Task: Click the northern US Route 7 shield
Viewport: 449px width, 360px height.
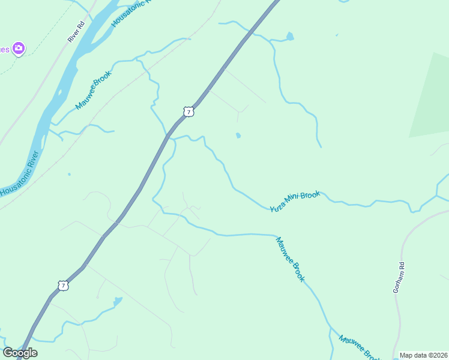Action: pyautogui.click(x=188, y=112)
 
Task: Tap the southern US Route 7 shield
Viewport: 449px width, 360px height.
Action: pyautogui.click(x=63, y=286)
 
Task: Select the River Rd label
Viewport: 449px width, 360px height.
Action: pyautogui.click(x=74, y=32)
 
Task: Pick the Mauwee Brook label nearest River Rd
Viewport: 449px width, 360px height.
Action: pyautogui.click(x=94, y=91)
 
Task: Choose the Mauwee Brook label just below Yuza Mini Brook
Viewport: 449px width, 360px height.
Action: pyautogui.click(x=291, y=259)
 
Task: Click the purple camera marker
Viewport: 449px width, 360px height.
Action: pyautogui.click(x=18, y=49)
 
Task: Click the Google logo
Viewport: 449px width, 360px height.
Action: pyautogui.click(x=20, y=353)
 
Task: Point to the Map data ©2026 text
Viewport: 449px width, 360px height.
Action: pyautogui.click(x=423, y=355)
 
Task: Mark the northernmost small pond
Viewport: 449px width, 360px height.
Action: pyautogui.click(x=291, y=37)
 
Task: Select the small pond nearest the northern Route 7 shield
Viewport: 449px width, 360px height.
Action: pyautogui.click(x=238, y=135)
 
